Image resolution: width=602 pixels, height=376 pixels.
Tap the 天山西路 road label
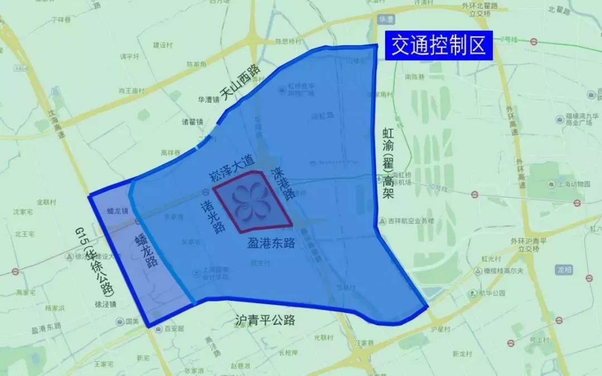pos(240,83)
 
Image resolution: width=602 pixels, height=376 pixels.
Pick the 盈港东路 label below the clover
pos(271,243)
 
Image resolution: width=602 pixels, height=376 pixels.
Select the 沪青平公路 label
pos(265,320)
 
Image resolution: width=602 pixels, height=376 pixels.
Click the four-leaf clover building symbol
pos(252,202)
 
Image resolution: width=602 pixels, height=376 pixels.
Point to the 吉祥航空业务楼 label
pos(412,220)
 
